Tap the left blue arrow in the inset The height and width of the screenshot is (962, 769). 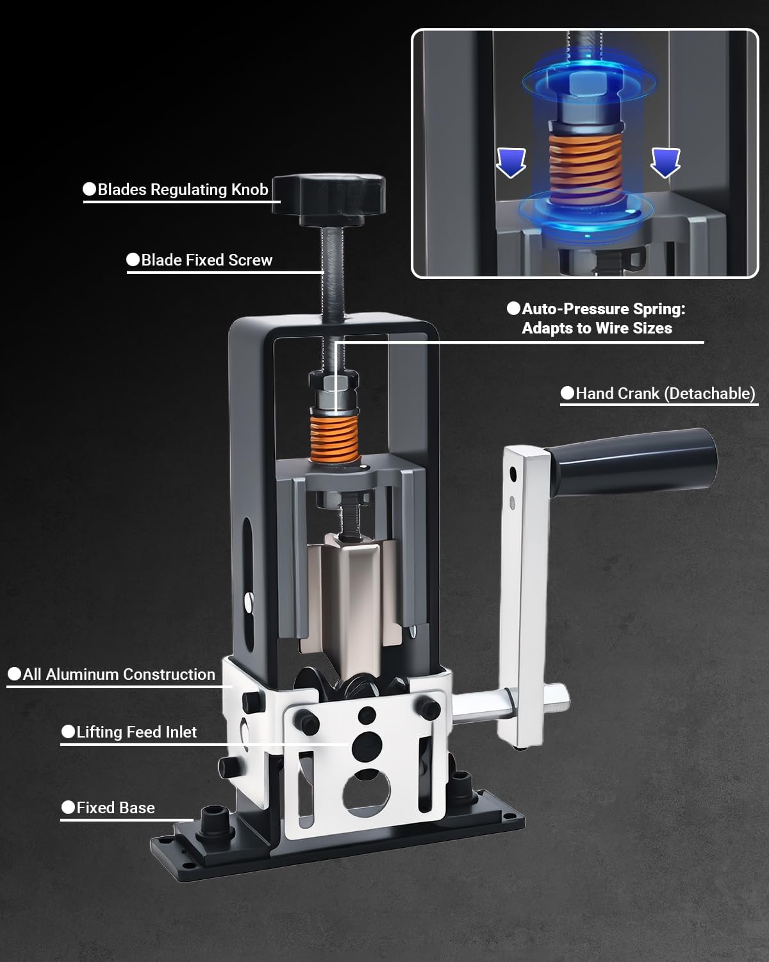point(511,162)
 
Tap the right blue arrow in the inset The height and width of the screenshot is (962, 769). point(665,162)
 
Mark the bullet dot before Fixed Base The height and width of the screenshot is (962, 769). point(69,807)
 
